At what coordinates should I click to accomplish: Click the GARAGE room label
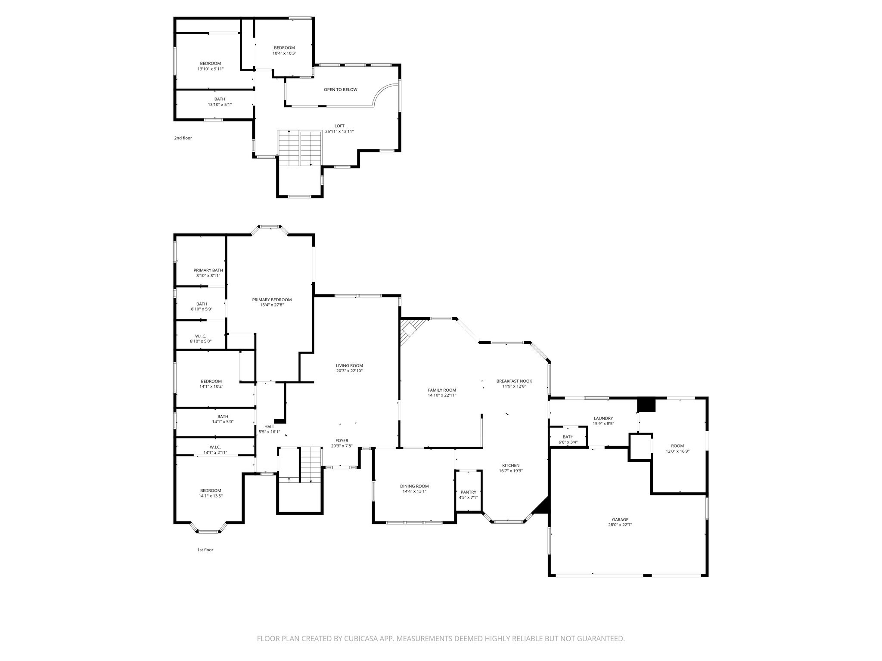620,519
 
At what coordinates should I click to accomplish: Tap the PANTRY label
468,492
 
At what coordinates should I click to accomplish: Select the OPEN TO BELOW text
340,90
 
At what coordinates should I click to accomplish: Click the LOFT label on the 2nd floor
339,126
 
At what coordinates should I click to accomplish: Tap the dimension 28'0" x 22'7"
620,525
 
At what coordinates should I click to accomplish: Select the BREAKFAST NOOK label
514,381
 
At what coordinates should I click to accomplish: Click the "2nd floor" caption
183,138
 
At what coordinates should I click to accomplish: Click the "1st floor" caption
205,550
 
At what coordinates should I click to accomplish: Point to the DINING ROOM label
414,486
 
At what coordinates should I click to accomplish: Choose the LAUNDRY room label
603,418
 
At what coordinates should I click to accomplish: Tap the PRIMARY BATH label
208,270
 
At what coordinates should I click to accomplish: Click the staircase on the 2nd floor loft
299,148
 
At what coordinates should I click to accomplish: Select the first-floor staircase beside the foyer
311,465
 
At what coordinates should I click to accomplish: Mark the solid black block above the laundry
646,405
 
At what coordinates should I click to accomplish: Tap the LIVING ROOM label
349,365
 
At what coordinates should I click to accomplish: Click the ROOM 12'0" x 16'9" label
677,446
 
